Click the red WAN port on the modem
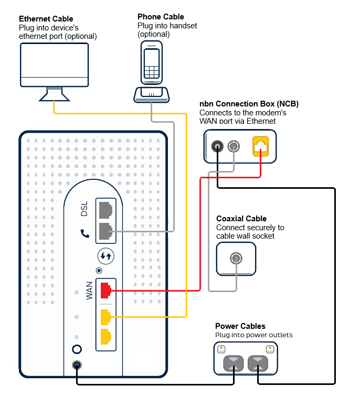click(105, 289)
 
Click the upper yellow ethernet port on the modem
click(105, 317)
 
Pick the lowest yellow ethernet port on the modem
click(105, 337)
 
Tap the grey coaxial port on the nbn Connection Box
click(235, 146)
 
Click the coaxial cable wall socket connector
click(236, 258)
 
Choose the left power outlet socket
click(234, 362)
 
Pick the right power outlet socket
click(258, 362)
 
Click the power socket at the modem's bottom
click(77, 366)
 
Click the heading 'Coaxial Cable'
click(241, 219)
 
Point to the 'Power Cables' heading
click(240, 326)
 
